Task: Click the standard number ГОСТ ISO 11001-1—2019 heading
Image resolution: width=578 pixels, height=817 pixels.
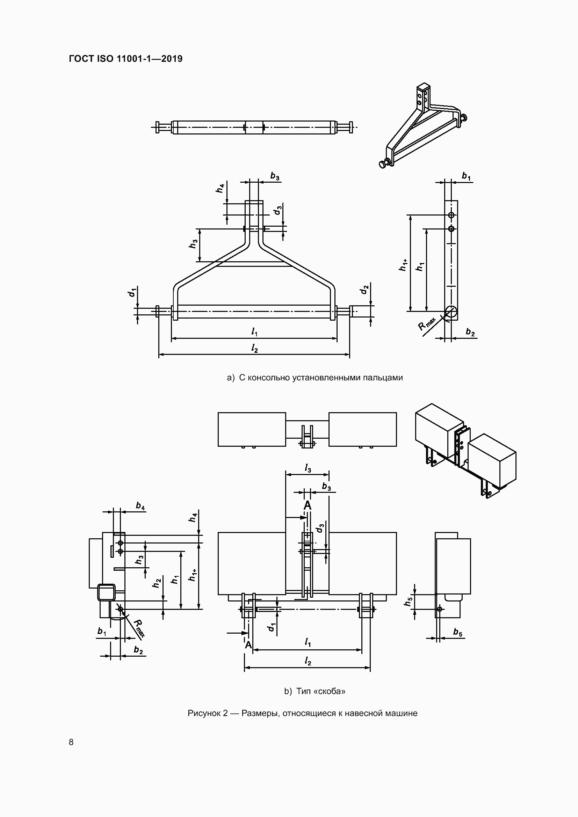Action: coord(126,59)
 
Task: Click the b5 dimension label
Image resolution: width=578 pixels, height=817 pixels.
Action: coord(458,632)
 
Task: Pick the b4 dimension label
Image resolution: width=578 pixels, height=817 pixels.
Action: coord(140,506)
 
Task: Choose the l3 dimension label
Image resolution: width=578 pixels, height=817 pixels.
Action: coord(308,469)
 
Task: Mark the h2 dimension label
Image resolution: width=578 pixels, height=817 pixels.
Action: coord(157,583)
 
